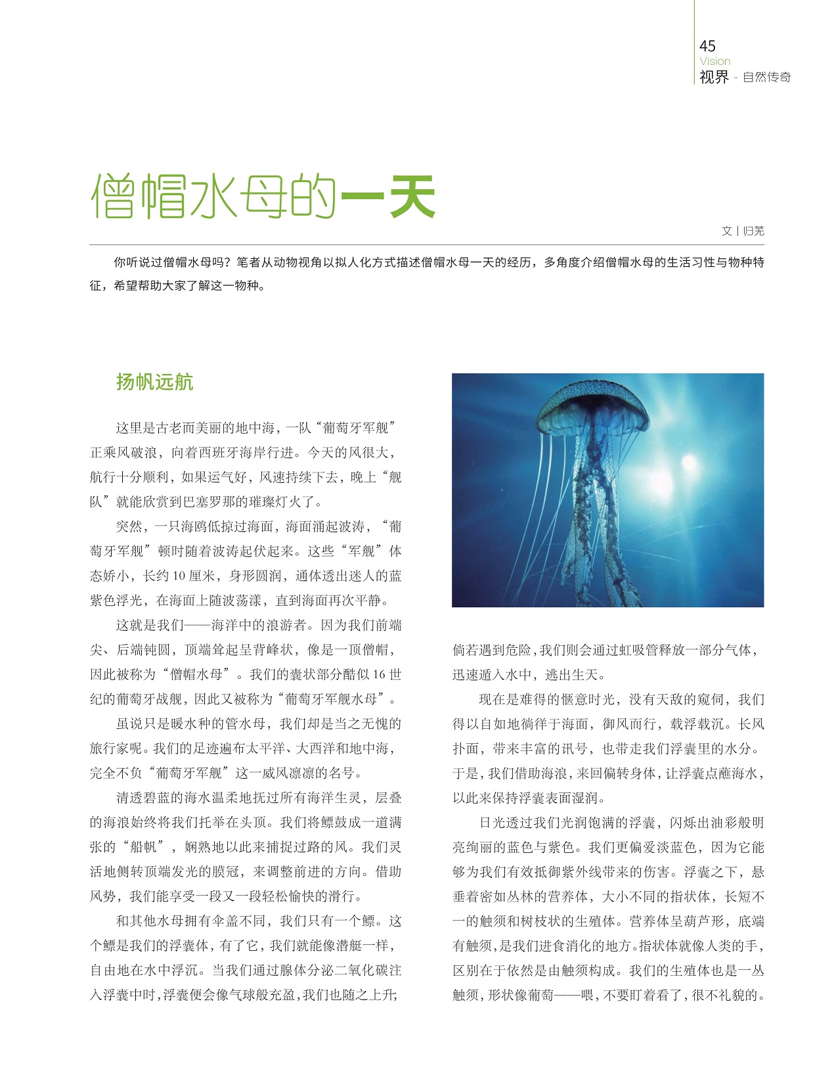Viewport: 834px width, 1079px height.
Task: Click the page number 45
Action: point(707,45)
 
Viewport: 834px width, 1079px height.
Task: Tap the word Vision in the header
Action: point(714,61)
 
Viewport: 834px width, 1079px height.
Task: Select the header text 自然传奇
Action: point(766,77)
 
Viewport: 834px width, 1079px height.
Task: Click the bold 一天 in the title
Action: point(388,196)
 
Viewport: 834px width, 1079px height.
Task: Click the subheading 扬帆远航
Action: point(154,382)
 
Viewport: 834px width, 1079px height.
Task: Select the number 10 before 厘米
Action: point(179,576)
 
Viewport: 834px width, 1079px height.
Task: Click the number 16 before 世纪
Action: point(379,674)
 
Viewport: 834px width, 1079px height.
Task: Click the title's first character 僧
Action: point(112,196)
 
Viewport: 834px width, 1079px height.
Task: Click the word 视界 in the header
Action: point(714,77)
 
